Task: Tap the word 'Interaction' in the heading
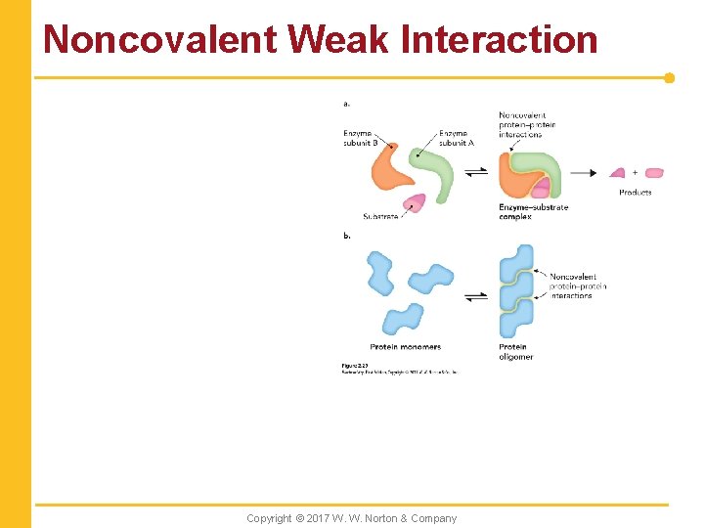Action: pos(500,39)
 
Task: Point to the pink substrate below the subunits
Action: pos(415,202)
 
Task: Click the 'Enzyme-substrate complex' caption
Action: pos(533,211)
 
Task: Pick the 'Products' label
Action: pos(635,193)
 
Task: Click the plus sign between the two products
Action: pos(635,172)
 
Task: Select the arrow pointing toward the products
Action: pos(583,173)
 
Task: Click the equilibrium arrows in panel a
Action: pos(475,173)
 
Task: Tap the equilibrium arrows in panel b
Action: pos(475,296)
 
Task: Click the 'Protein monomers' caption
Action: pos(405,347)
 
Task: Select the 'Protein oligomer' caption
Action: pos(515,352)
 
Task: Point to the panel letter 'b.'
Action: pos(347,235)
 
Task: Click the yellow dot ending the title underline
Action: pos(669,77)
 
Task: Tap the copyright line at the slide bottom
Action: pos(351,518)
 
